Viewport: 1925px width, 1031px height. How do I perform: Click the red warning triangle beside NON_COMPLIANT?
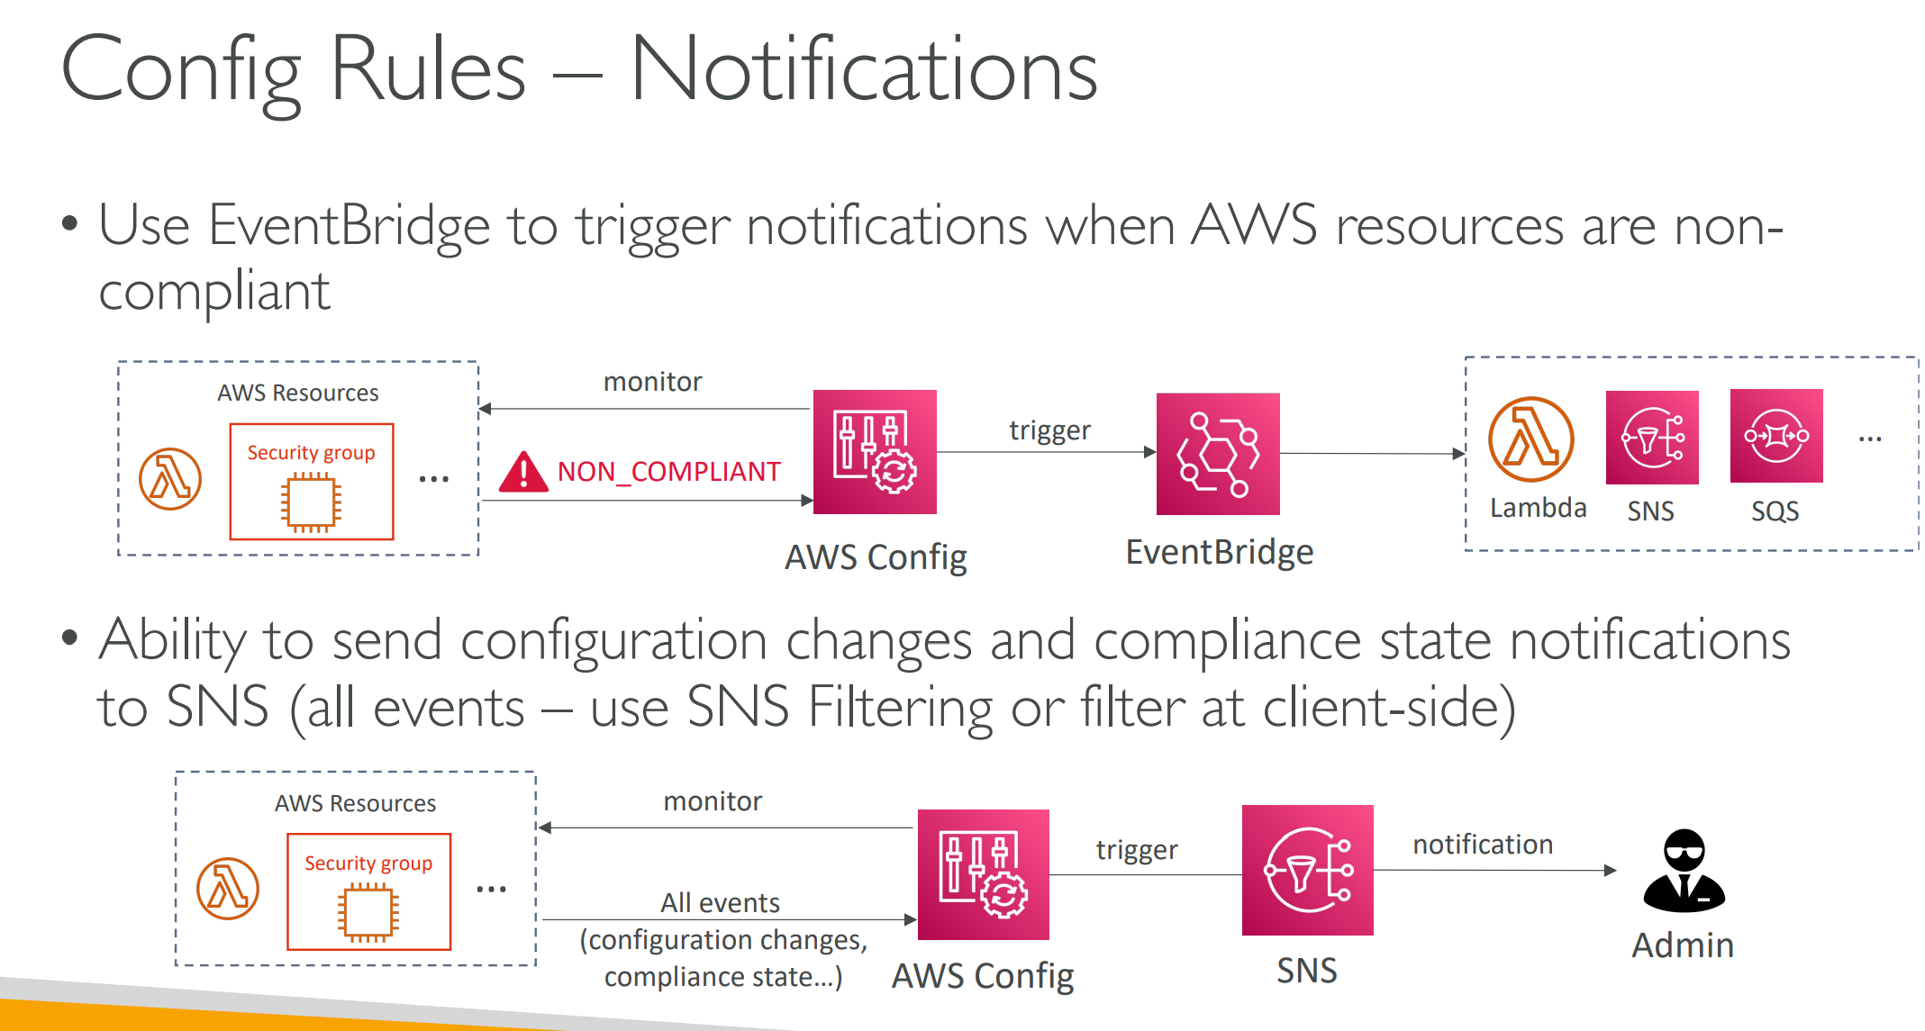coord(523,472)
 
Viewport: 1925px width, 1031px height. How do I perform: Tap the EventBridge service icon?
coord(1218,454)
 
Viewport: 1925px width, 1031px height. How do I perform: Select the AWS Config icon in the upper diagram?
coord(875,452)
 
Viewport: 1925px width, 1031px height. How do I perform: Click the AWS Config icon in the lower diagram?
coord(984,874)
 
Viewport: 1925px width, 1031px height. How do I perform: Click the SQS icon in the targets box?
coord(1776,436)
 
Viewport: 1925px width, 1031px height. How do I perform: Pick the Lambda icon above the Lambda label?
coord(1530,439)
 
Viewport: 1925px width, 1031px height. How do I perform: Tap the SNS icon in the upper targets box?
coord(1652,438)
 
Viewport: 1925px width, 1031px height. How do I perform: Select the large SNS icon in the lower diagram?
coord(1308,870)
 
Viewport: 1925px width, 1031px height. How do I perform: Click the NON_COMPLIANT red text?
coord(668,471)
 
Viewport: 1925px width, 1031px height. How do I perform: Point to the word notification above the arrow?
coord(1483,844)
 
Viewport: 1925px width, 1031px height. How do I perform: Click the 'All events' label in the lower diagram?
coord(720,902)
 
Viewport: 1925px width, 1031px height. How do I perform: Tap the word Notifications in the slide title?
coord(864,68)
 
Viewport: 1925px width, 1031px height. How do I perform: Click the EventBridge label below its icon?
coord(1220,552)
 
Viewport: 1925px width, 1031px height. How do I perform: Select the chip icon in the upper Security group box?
coord(311,502)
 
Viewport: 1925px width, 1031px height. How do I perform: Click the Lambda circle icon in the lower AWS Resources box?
coord(228,888)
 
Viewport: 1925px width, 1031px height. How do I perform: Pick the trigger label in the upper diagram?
coord(1049,430)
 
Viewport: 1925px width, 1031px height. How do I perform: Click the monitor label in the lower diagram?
coord(713,801)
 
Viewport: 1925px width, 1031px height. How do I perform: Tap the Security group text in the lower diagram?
coord(368,863)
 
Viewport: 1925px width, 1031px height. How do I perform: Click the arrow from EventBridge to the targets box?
coord(1373,454)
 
